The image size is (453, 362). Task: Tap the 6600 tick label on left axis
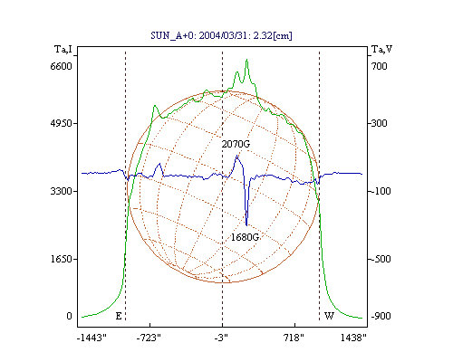(x=62, y=66)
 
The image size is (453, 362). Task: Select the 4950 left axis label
(x=62, y=123)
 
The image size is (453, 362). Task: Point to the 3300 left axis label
(x=62, y=191)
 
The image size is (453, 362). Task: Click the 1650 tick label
(x=62, y=259)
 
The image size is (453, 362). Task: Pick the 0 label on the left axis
(x=69, y=316)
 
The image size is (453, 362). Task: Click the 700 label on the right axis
(x=380, y=66)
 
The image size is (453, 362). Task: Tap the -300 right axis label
(x=380, y=123)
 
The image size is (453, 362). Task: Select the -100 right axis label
(x=381, y=191)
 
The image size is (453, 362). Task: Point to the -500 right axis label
(x=381, y=259)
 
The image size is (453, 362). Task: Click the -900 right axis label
(x=381, y=316)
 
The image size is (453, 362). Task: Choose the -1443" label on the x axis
(x=92, y=338)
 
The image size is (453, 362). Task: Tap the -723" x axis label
(x=149, y=338)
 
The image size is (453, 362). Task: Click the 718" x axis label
(x=294, y=338)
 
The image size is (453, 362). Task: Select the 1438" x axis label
(x=353, y=338)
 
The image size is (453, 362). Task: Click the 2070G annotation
(x=236, y=144)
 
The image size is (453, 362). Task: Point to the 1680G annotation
(x=245, y=237)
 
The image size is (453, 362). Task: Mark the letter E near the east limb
(x=119, y=316)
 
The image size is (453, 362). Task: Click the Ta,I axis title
(x=63, y=49)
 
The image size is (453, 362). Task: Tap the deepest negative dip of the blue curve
(x=246, y=225)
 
